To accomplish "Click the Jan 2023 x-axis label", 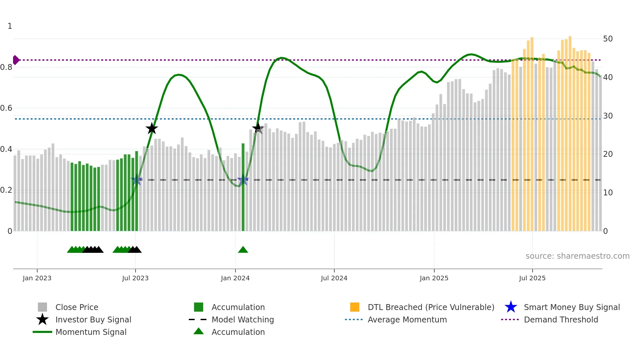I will (x=37, y=278).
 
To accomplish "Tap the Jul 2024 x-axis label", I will (x=334, y=278).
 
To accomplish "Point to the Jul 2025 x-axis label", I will (x=532, y=278).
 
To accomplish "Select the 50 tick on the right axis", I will (x=608, y=39).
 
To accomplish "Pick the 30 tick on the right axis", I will (x=608, y=116).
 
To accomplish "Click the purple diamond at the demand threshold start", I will (x=16, y=60).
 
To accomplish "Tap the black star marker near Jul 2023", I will (x=152, y=129).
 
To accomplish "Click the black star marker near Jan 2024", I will (x=258, y=128).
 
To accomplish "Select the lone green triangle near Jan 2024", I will (x=243, y=250).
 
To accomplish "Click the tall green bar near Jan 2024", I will (x=243, y=186).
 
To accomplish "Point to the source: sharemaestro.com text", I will (x=577, y=256).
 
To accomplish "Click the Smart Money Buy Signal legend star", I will (x=511, y=307).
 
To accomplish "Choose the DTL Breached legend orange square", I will (x=355, y=307).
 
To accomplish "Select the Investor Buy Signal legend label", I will (x=93, y=319).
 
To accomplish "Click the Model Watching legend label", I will (x=243, y=319).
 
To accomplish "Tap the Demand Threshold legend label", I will (x=561, y=319).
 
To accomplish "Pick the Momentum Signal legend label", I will (x=91, y=332).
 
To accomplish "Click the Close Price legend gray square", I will (x=42, y=307).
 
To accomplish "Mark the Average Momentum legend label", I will (x=407, y=319).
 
